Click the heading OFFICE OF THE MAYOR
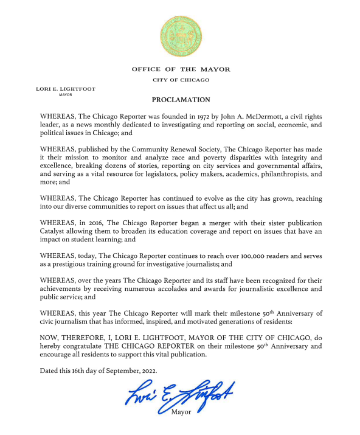[180, 69]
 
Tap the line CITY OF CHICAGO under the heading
[180, 80]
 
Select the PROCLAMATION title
[180, 100]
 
